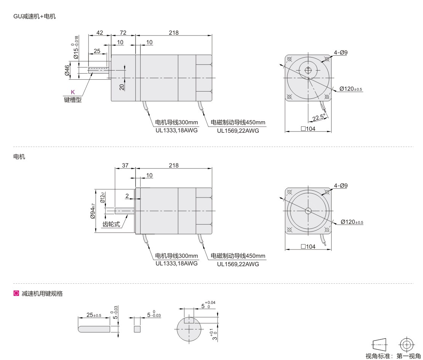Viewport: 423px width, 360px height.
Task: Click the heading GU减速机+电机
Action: pyautogui.click(x=35, y=16)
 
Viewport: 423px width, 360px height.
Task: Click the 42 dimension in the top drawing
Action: pyautogui.click(x=99, y=33)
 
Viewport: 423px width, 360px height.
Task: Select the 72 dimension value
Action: pyautogui.click(x=123, y=33)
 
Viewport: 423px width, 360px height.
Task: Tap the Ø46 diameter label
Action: pyautogui.click(x=67, y=71)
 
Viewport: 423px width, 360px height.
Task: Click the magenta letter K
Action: pyautogui.click(x=72, y=92)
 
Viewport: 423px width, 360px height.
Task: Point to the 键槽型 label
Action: pyautogui.click(x=72, y=100)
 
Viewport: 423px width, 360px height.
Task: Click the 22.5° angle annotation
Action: pyautogui.click(x=319, y=118)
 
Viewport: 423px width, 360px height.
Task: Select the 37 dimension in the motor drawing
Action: pyautogui.click(x=125, y=166)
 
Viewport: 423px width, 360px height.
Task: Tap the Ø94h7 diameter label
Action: pyautogui.click(x=93, y=211)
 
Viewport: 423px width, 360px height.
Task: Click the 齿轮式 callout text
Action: pyautogui.click(x=111, y=224)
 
